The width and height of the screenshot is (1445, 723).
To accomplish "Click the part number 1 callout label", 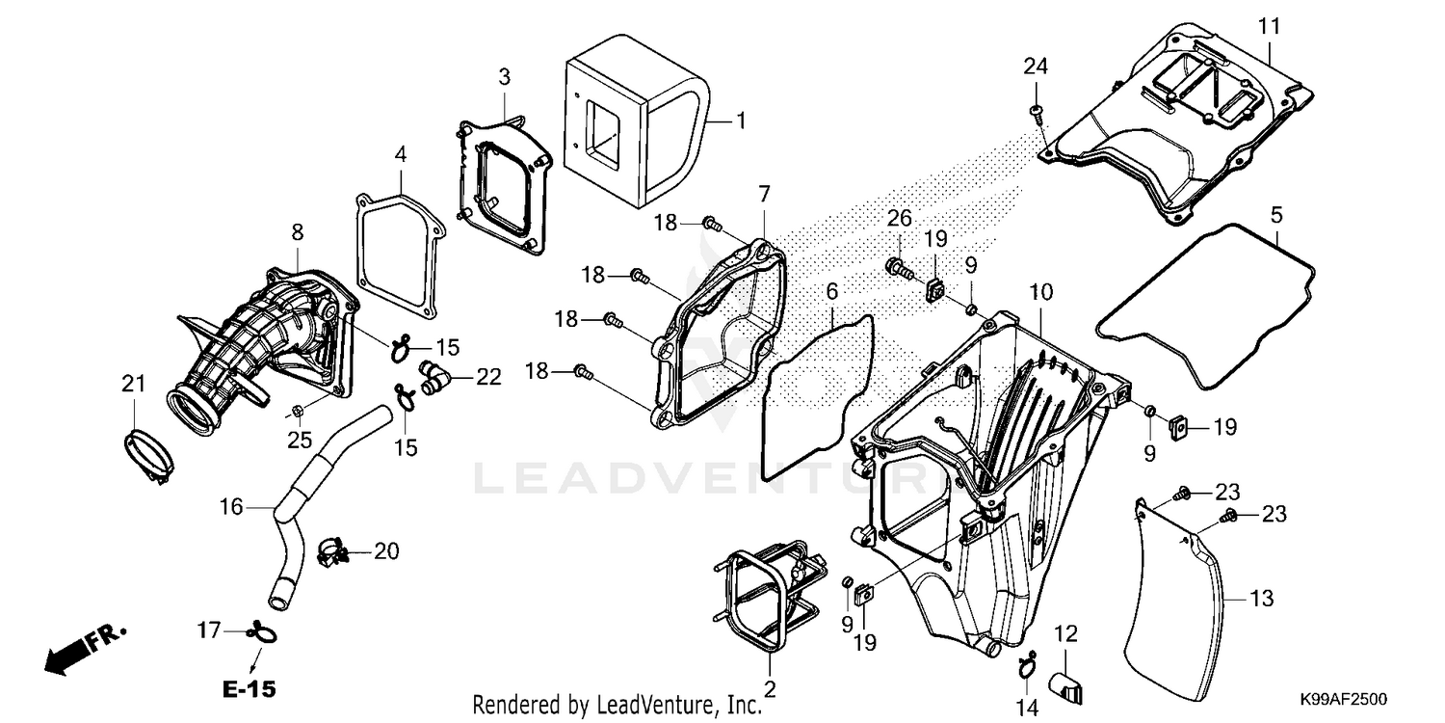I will (741, 120).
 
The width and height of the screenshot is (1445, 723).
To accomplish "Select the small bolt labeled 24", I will (1036, 113).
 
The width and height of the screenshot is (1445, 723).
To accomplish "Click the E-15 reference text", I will (249, 689).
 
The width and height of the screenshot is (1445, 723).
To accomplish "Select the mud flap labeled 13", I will (1180, 598).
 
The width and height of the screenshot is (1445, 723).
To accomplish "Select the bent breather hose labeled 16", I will (308, 501).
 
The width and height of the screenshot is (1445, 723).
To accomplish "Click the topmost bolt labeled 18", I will (713, 224).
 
